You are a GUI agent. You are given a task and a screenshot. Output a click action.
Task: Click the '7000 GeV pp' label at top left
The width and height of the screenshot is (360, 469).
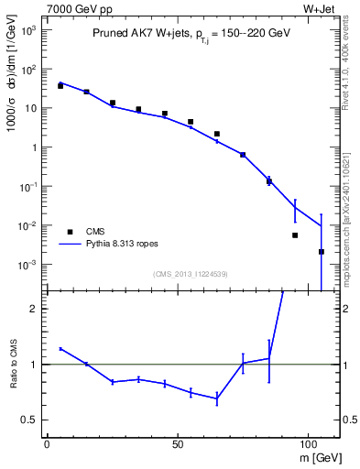pos(72,8)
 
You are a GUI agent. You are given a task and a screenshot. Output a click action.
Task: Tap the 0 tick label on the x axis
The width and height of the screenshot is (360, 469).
pos(47,442)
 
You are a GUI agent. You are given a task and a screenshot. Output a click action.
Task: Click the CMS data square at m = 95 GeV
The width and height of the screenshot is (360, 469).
pos(295,235)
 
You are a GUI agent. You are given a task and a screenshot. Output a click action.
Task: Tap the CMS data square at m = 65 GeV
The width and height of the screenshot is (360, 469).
pos(217,134)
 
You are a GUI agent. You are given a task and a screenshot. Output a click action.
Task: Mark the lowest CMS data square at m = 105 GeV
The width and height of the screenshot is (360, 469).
pos(322,252)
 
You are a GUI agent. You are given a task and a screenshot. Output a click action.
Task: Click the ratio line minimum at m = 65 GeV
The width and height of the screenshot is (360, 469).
pos(217,398)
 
